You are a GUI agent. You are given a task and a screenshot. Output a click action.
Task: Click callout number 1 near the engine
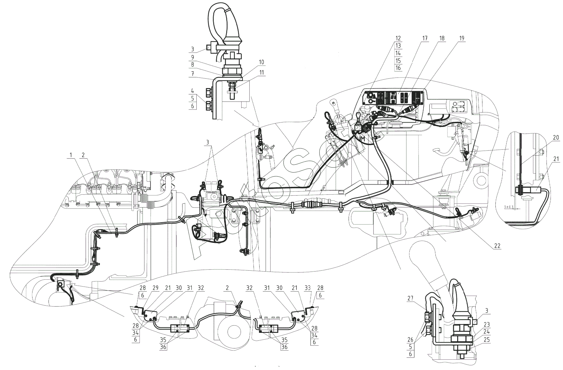(71, 155)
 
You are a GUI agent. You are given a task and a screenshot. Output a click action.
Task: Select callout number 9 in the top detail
(193, 57)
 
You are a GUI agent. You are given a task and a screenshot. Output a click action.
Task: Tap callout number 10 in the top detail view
(261, 62)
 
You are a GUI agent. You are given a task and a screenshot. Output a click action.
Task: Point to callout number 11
(261, 72)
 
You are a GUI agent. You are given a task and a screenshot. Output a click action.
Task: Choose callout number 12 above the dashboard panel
(398, 38)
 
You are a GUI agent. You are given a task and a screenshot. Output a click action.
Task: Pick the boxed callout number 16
(398, 68)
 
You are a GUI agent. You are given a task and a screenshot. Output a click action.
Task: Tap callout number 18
(442, 38)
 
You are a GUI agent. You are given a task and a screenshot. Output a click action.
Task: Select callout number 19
(462, 38)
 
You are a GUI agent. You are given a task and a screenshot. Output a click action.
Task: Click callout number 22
(497, 246)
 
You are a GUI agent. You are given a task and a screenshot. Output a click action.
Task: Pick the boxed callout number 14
(398, 53)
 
